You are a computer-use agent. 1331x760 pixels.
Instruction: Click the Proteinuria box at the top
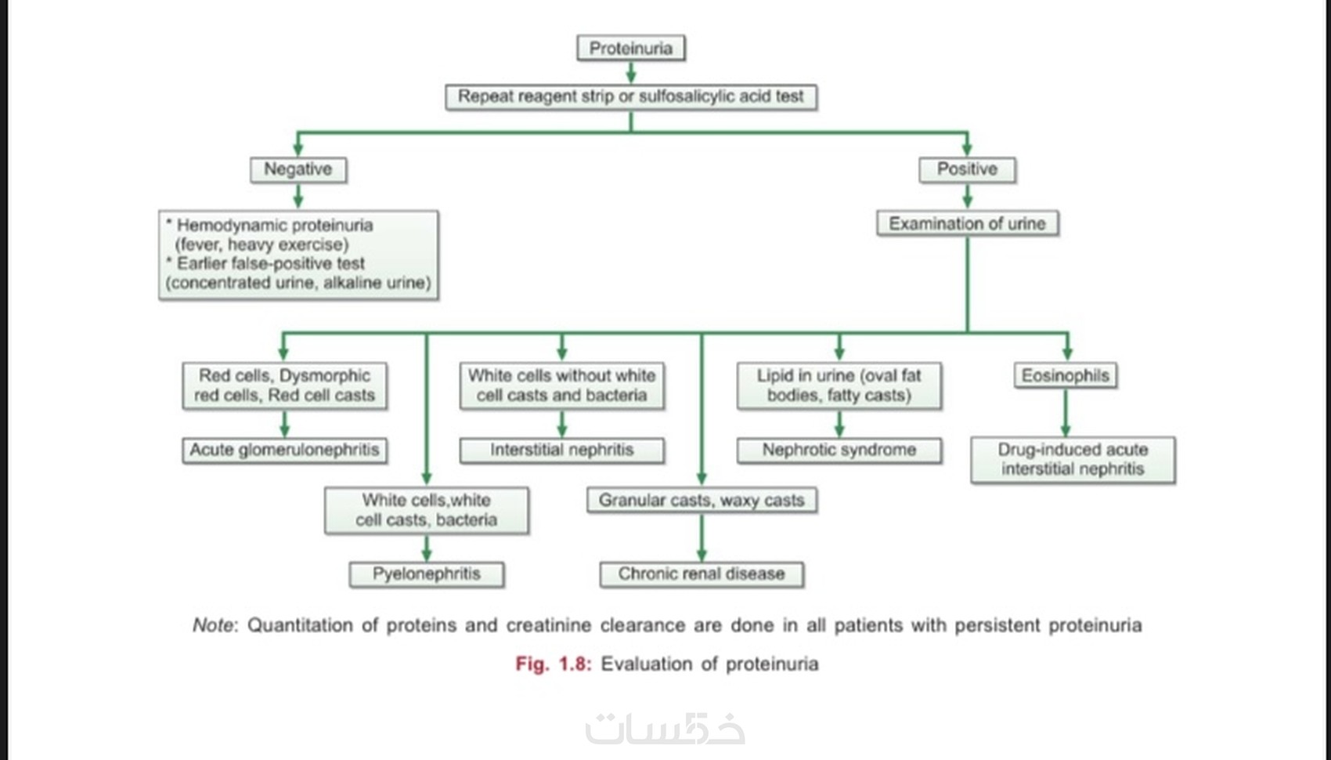[x=630, y=49]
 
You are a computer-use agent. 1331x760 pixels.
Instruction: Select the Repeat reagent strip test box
[x=630, y=97]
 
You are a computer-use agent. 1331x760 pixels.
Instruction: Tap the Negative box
[x=298, y=169]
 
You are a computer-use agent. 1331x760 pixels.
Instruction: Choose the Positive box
[x=967, y=169]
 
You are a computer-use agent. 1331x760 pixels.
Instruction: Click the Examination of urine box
[x=967, y=224]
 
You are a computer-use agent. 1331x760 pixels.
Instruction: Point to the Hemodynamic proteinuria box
[x=298, y=255]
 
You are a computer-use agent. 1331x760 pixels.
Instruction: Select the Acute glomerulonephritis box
[x=284, y=451]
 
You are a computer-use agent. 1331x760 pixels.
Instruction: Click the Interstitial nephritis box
[x=561, y=451]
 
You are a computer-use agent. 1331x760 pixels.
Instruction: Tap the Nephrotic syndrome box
[x=839, y=451]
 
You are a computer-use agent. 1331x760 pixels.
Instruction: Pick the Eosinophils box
[x=1065, y=376]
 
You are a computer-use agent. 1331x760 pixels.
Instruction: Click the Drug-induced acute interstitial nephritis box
[x=1073, y=460]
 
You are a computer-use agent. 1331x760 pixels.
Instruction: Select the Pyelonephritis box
[x=426, y=574]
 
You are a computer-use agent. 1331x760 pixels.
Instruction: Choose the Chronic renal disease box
[x=701, y=574]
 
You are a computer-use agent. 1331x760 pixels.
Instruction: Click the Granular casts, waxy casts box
[x=701, y=501]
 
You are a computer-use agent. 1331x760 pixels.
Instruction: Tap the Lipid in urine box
[x=839, y=385]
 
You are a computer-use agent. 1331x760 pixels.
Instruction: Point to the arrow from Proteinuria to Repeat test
[x=630, y=73]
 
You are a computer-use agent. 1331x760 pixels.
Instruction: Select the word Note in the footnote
[x=213, y=625]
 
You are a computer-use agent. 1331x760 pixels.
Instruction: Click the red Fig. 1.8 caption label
[x=553, y=664]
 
